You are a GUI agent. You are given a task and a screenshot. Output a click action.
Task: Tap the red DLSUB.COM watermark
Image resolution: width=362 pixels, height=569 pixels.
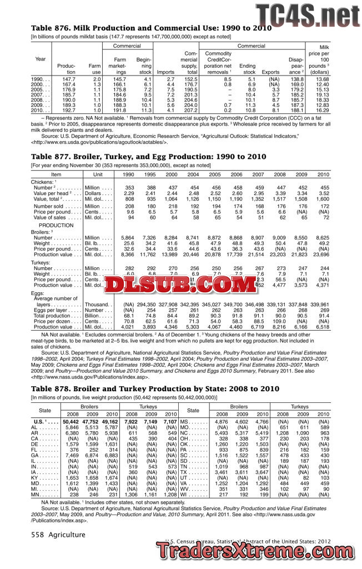point(170,285)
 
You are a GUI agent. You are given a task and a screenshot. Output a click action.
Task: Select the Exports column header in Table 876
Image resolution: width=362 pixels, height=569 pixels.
point(270,72)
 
